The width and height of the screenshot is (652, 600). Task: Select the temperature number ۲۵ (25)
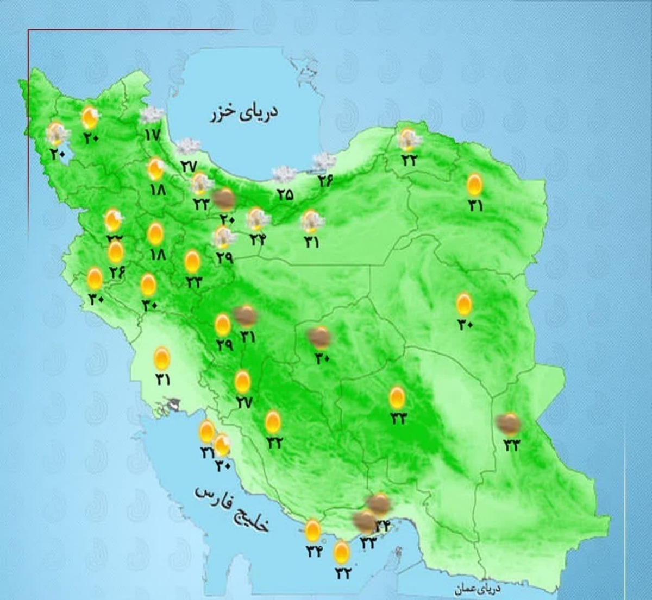point(284,194)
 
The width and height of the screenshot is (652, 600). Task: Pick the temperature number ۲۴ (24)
point(258,238)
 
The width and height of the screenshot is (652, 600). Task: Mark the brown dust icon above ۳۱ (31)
point(246,315)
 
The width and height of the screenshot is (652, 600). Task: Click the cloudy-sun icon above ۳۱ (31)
point(311,220)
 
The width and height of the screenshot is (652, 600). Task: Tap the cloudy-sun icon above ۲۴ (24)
point(258,219)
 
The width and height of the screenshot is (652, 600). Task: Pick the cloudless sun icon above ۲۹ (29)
point(223,325)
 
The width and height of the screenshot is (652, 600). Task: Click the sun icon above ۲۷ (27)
point(242,382)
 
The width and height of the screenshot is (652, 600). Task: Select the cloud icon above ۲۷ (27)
point(189,146)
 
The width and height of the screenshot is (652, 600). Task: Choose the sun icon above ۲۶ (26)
point(115,252)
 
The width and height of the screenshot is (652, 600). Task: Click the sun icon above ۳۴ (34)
point(313,530)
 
